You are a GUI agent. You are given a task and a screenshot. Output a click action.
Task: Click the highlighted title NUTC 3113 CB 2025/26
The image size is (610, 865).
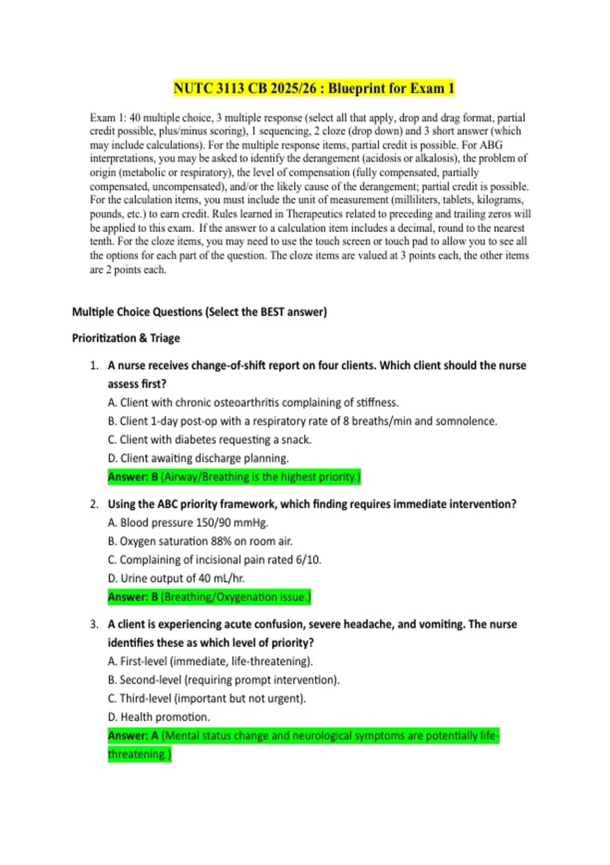314,89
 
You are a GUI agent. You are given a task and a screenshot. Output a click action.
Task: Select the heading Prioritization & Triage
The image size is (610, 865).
126,338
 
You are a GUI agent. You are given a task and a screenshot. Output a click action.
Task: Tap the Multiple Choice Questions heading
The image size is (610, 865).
199,312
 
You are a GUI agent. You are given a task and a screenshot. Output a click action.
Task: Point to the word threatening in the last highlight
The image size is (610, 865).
139,754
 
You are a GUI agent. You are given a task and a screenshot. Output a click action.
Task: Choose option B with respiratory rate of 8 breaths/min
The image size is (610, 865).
302,421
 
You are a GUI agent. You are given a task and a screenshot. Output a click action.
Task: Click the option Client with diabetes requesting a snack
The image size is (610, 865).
209,440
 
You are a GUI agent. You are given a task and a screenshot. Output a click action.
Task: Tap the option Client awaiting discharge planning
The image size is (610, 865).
198,458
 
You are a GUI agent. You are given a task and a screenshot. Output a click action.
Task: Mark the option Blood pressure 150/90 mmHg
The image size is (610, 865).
188,523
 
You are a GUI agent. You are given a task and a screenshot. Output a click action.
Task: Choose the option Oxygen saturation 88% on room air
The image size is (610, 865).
200,541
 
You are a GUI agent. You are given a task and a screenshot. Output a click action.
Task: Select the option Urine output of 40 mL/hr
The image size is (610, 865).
176,579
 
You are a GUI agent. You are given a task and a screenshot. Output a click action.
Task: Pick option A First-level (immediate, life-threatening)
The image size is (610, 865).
210,661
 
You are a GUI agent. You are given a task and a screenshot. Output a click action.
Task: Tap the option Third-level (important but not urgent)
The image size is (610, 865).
206,699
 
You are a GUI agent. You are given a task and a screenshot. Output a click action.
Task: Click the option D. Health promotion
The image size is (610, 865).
159,717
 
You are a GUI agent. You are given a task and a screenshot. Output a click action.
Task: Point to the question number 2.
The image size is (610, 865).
94,504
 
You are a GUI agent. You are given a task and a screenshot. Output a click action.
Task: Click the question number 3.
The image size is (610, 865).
94,624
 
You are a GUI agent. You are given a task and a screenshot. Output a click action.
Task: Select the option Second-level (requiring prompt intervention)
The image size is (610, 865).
223,680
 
